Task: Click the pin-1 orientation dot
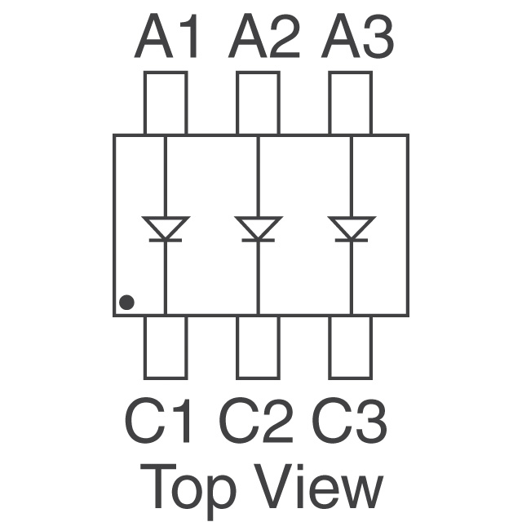click(x=126, y=303)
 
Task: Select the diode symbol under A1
click(x=166, y=228)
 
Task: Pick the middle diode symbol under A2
click(x=258, y=228)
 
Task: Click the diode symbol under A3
click(x=351, y=228)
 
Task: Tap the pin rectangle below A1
click(x=166, y=103)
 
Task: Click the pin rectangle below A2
click(x=258, y=103)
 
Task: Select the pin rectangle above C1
click(x=166, y=347)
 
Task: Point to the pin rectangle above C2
click(x=258, y=347)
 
